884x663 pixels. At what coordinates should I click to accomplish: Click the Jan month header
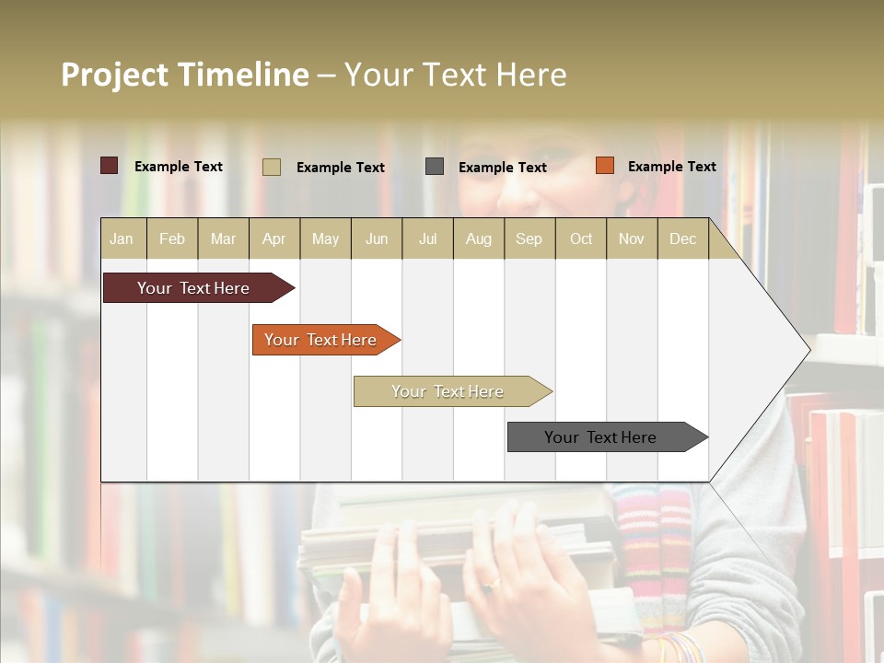tap(122, 238)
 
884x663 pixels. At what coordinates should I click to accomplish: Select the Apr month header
tap(274, 238)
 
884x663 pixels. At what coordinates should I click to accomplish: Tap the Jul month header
tap(427, 238)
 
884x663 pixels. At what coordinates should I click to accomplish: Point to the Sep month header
tap(529, 238)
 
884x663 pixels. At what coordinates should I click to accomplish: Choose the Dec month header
tap(682, 238)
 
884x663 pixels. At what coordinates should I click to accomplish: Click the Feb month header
tap(172, 238)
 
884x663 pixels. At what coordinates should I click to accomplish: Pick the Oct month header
tap(581, 238)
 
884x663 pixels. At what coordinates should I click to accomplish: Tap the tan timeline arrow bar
tap(448, 391)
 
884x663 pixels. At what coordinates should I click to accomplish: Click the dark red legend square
tap(110, 166)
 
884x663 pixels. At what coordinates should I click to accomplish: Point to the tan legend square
tap(272, 167)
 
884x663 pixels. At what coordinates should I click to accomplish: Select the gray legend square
tap(435, 166)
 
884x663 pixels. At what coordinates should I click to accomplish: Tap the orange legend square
tap(604, 166)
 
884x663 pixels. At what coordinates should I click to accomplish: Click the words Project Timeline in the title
tap(184, 75)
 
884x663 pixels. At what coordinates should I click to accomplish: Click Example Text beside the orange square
tap(671, 166)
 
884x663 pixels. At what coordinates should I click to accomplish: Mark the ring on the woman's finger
tap(493, 583)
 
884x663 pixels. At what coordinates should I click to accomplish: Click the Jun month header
tap(377, 238)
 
